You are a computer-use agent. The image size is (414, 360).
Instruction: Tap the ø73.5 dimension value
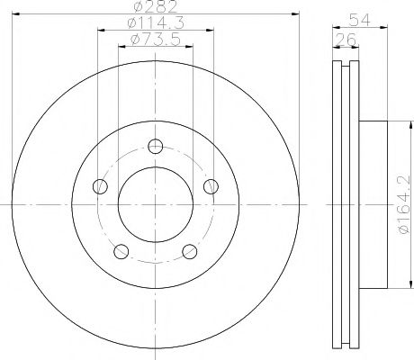(x=155, y=40)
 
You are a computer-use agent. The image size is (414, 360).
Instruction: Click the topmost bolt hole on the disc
(x=156, y=147)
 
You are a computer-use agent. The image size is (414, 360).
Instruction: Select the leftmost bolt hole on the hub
(x=101, y=186)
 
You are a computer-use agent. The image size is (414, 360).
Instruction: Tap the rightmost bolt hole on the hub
(x=211, y=186)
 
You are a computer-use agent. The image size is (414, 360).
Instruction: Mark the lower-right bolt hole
(x=190, y=251)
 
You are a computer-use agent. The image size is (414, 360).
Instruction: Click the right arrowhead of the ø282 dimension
(x=293, y=15)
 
